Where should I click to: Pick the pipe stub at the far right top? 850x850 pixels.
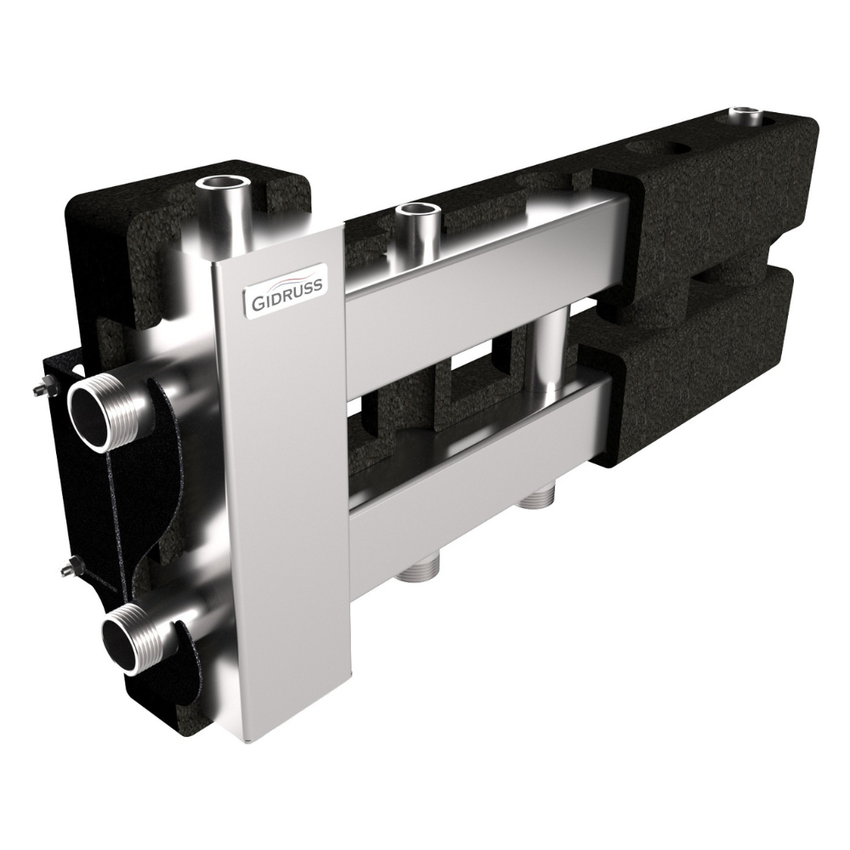click(746, 118)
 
